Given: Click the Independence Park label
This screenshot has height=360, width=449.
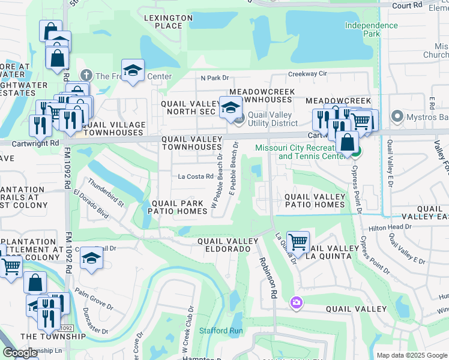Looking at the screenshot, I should click(371, 29).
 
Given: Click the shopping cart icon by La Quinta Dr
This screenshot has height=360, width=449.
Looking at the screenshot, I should click(298, 242).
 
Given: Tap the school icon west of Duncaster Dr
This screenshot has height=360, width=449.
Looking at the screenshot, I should click(91, 258).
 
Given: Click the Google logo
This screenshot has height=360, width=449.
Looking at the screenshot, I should click(20, 352).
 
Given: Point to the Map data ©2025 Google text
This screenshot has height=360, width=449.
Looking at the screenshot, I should click(412, 355).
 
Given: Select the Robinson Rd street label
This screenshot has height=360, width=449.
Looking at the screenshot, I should click(268, 278).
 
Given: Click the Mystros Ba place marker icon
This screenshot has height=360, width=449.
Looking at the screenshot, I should click(396, 116).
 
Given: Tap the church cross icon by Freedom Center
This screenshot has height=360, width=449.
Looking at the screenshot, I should click(86, 76).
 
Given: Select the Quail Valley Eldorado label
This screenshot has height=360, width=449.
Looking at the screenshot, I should click(224, 245).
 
